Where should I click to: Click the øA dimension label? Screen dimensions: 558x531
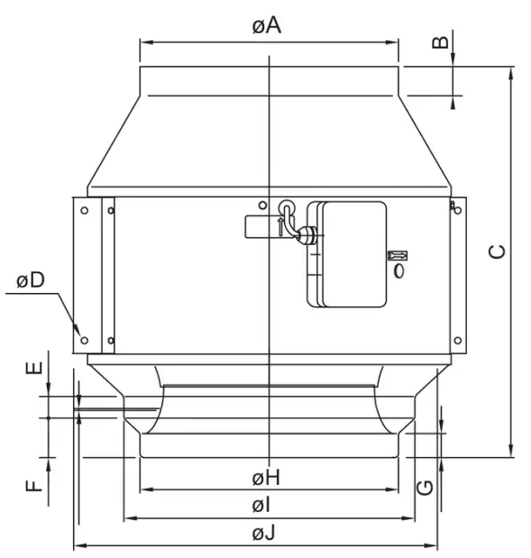pyautogui.click(x=267, y=25)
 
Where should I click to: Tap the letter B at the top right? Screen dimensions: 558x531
pyautogui.click(x=441, y=42)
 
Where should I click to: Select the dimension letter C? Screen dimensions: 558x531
pyautogui.click(x=497, y=252)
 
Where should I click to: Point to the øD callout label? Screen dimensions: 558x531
pyautogui.click(x=31, y=280)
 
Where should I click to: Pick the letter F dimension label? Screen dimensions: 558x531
pyautogui.click(x=34, y=485)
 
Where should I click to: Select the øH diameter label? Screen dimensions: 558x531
pyautogui.click(x=267, y=476)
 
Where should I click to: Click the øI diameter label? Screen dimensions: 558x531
pyautogui.click(x=265, y=505)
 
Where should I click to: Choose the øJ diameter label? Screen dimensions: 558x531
pyautogui.click(x=264, y=534)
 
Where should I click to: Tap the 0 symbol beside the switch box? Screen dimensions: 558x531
pyautogui.click(x=398, y=270)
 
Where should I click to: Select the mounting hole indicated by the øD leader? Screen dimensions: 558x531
pyautogui.click(x=84, y=340)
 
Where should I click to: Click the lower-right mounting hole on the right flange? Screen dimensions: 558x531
pyautogui.click(x=458, y=341)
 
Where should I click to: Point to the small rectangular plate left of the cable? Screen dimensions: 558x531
pyautogui.click(x=261, y=226)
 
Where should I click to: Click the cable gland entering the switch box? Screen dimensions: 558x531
pyautogui.click(x=307, y=236)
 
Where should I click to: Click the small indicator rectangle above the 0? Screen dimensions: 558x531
pyautogui.click(x=398, y=255)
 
